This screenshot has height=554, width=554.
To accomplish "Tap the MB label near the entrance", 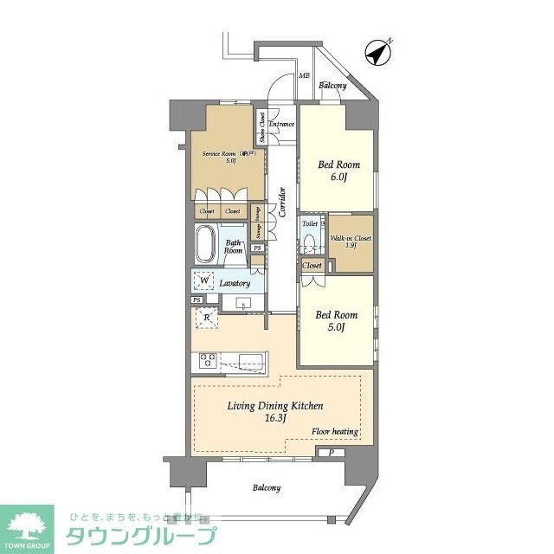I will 304,75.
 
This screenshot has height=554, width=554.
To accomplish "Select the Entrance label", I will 281,125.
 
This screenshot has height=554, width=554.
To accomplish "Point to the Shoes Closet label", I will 261,128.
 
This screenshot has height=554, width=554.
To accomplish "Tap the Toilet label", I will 309,222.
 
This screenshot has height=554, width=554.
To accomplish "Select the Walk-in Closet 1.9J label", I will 351,241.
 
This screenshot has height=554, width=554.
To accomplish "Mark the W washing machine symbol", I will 204,280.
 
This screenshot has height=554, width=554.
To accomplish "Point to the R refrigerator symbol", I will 207,318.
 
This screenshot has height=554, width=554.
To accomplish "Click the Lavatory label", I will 235,283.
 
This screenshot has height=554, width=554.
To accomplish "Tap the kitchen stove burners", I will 209,359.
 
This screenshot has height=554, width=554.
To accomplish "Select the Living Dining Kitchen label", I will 275,411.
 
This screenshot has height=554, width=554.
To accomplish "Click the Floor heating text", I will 335,431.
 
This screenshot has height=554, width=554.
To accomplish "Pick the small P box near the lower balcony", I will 331,453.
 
